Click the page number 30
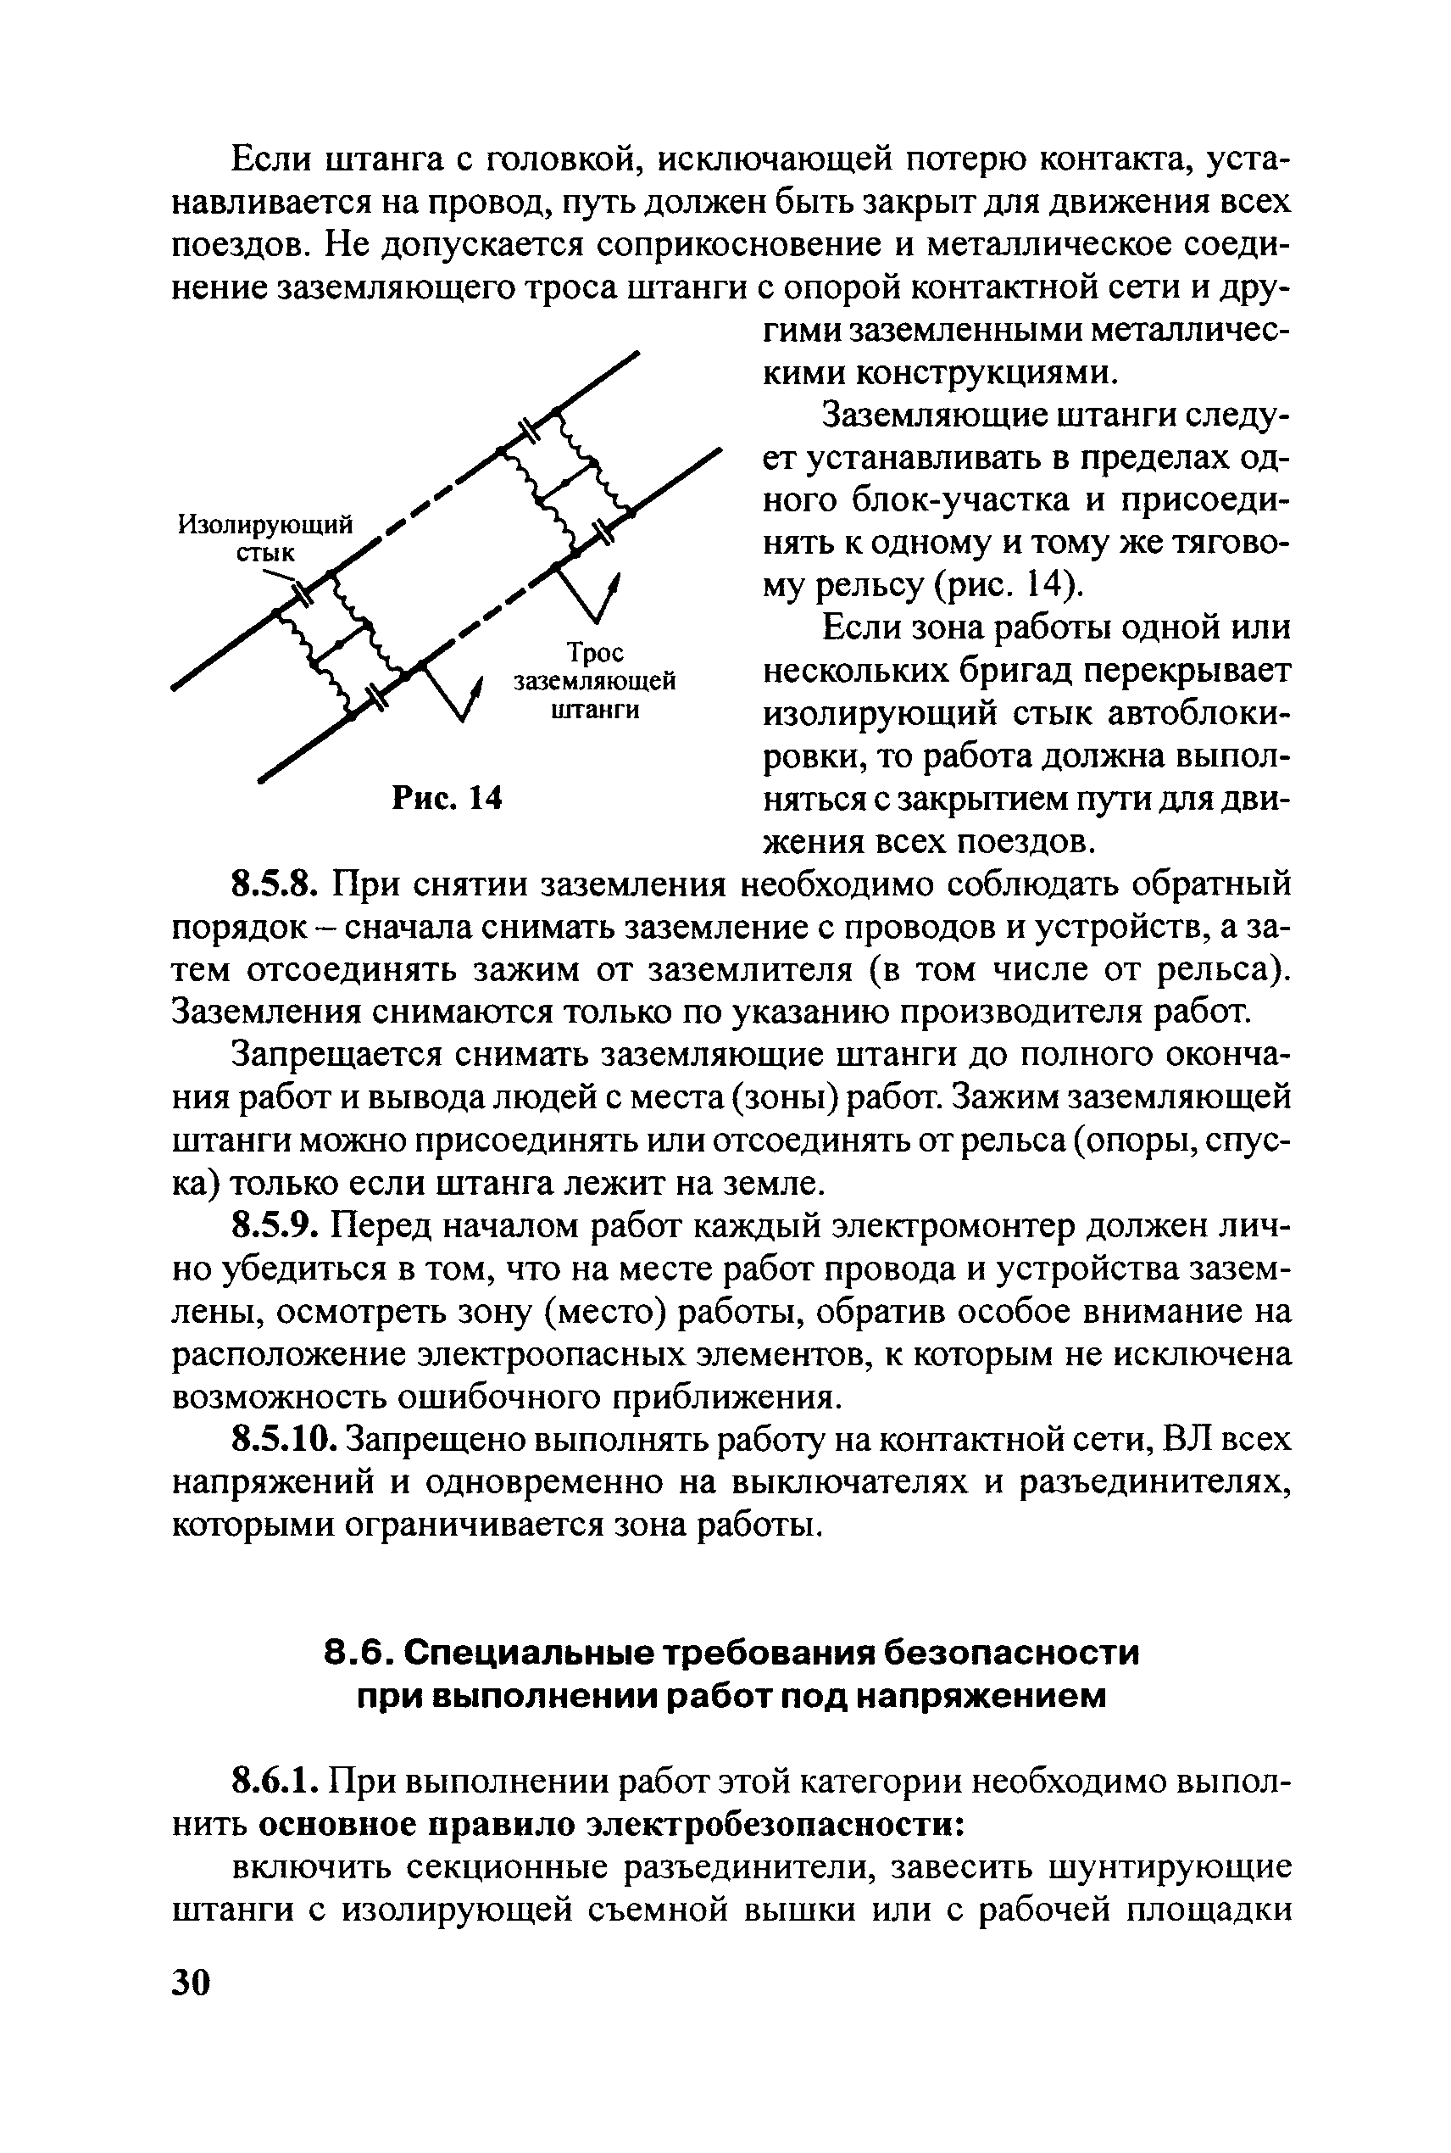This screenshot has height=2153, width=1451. pyautogui.click(x=192, y=1983)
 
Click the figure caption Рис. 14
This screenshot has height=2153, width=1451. pyautogui.click(x=447, y=797)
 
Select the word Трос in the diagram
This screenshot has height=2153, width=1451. pyautogui.click(x=595, y=653)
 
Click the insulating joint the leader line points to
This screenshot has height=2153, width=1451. pyautogui.click(x=302, y=587)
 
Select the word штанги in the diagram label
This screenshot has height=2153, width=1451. pyautogui.click(x=595, y=710)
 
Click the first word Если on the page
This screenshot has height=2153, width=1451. pyautogui.click(x=270, y=160)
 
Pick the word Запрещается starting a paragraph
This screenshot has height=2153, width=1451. pyautogui.click(x=328, y=1055)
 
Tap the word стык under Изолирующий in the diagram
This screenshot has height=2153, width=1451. pyautogui.click(x=264, y=554)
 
